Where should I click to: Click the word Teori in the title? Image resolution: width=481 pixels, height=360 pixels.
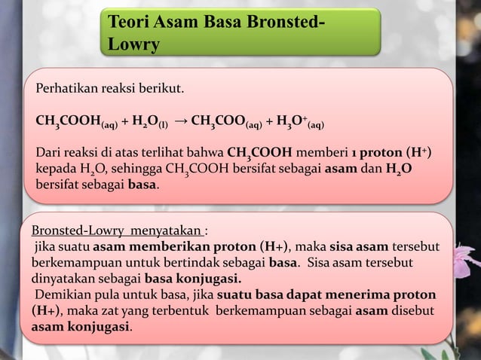pyautogui.click(x=130, y=21)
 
